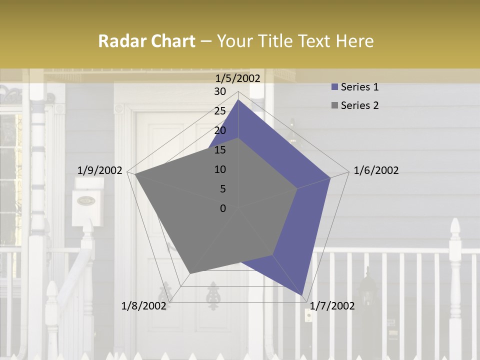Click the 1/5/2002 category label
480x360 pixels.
coord(238,78)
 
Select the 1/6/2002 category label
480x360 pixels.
coord(376,170)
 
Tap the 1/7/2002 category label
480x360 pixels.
coord(332,306)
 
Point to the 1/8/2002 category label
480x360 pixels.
coord(144,306)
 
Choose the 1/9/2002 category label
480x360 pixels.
coord(100,170)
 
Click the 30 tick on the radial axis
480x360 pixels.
coord(220,91)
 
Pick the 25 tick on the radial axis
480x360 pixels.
coord(220,111)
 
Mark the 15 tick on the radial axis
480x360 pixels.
coord(220,150)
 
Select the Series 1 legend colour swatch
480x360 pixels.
coord(334,87)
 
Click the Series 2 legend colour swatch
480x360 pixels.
coord(334,105)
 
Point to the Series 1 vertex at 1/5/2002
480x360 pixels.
coord(238,99)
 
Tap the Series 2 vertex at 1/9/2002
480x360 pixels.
coord(135,174)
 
